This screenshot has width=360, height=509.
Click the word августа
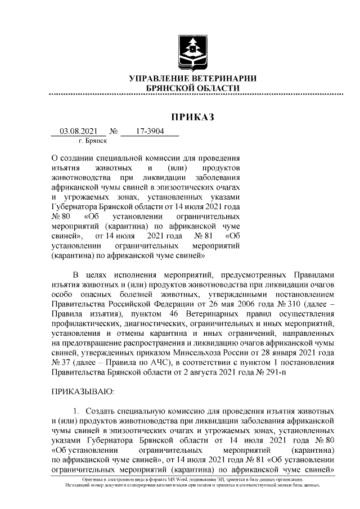tap(224, 372)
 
